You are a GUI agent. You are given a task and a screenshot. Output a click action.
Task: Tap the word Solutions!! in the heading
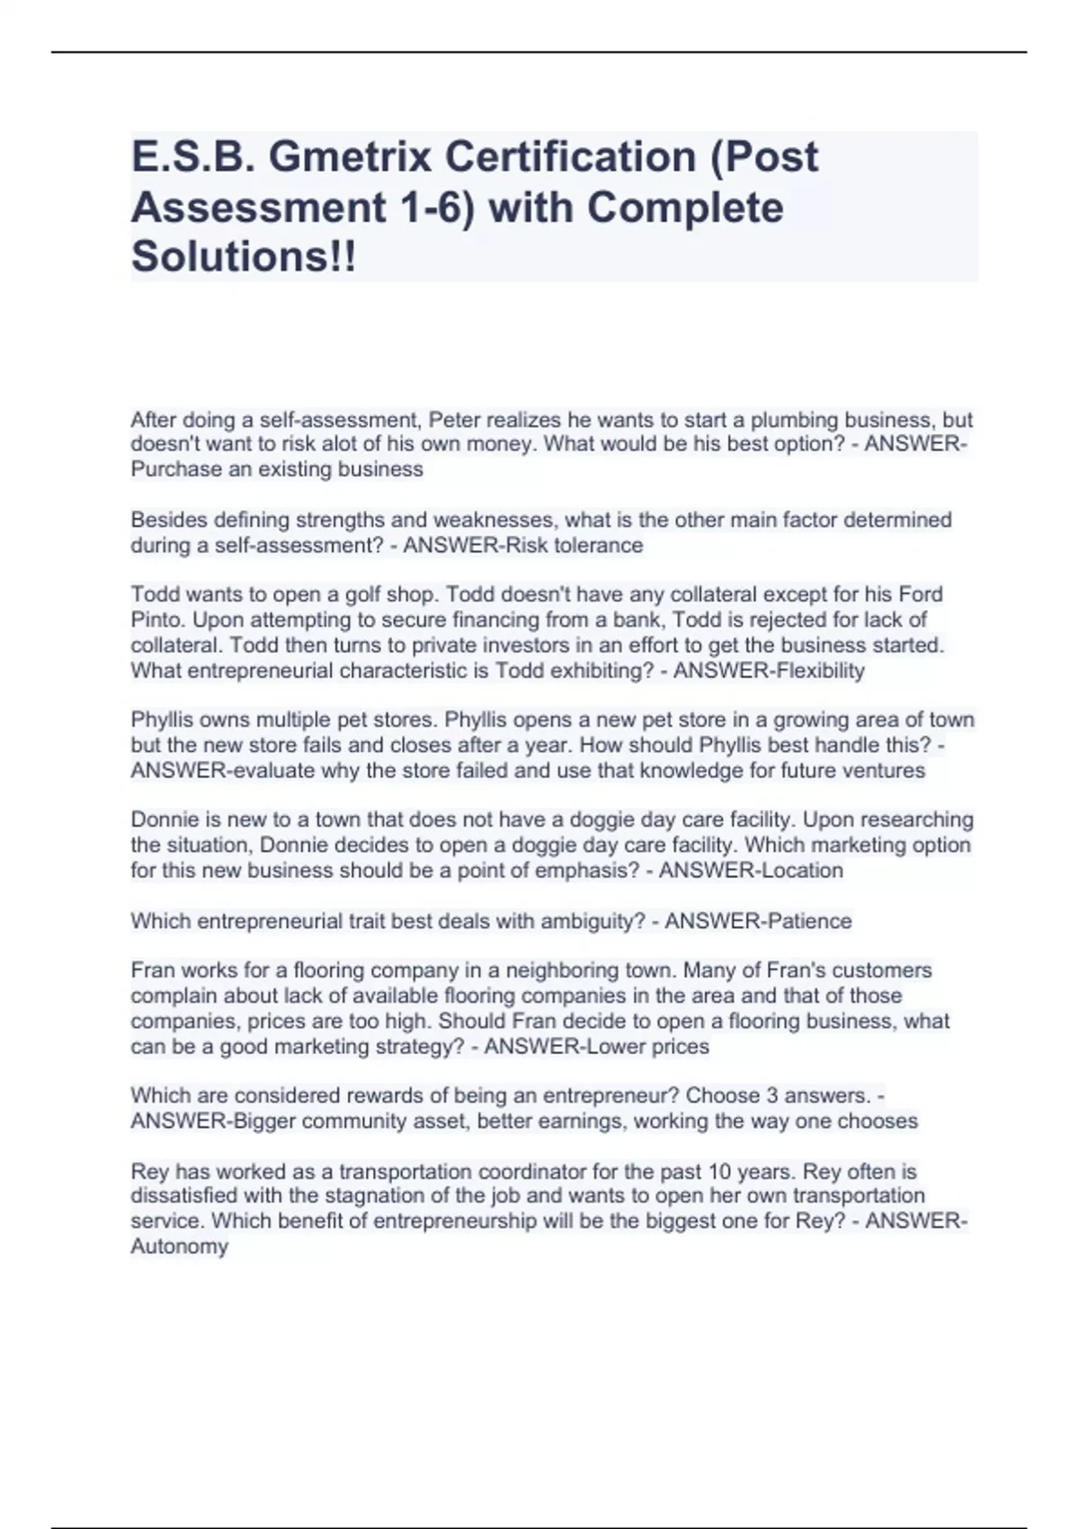244,257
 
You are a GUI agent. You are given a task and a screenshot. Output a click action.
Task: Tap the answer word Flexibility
819,670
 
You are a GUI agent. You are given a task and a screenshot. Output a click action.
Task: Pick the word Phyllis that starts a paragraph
163,720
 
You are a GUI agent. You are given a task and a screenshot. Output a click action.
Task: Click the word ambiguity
584,921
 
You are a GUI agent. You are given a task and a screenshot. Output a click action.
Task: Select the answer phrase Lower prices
647,1046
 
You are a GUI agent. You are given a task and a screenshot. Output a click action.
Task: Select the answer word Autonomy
180,1247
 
